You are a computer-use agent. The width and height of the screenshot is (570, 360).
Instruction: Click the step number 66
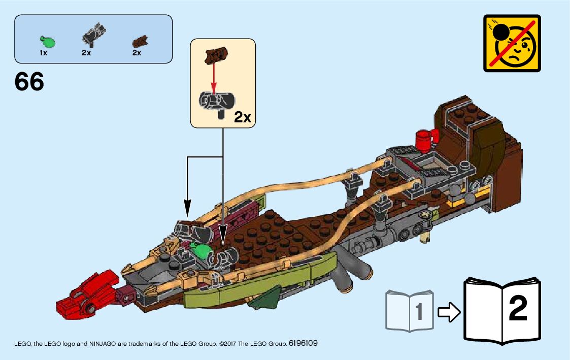pyautogui.click(x=29, y=82)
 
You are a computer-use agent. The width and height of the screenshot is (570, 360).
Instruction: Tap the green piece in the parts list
pyautogui.click(x=47, y=40)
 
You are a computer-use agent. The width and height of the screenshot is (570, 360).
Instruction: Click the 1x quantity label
pyautogui.click(x=44, y=53)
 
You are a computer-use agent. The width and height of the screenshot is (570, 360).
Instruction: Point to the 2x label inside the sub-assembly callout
pyautogui.click(x=243, y=117)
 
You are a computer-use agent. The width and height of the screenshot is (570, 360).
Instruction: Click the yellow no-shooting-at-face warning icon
pyautogui.click(x=512, y=43)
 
